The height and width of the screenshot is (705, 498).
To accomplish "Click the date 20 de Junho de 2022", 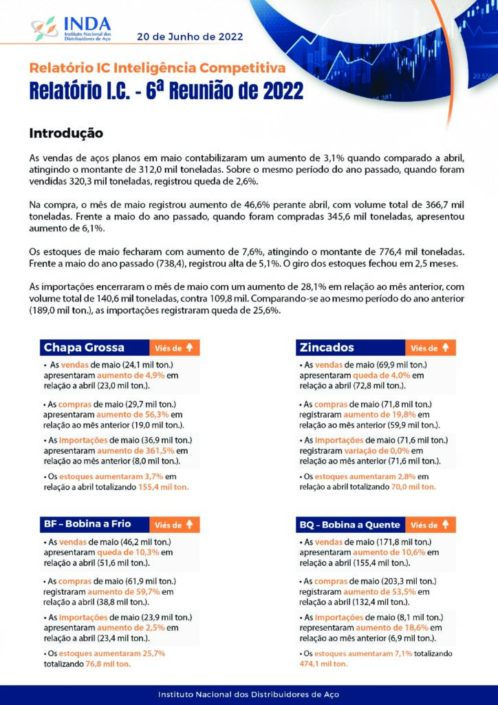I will pos(189,36).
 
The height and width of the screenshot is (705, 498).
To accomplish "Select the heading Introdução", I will pos(66,132).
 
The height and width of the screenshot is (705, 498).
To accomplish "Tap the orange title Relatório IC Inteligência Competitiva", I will pos(157,68).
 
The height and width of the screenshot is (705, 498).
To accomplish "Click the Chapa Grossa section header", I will pos(84,348).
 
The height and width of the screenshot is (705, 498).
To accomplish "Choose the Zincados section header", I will pos(327,348).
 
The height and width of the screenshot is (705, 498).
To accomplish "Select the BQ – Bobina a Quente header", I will pos(349,525).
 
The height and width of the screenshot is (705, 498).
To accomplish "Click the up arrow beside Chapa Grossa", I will pos(190,348).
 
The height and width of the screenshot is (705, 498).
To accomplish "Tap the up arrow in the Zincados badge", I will pos(445,348).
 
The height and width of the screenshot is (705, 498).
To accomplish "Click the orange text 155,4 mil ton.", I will pos(160,487).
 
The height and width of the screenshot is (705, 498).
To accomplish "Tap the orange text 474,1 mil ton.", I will pos(323,664).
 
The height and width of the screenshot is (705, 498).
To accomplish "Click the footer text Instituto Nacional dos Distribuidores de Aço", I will pos(248,695).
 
